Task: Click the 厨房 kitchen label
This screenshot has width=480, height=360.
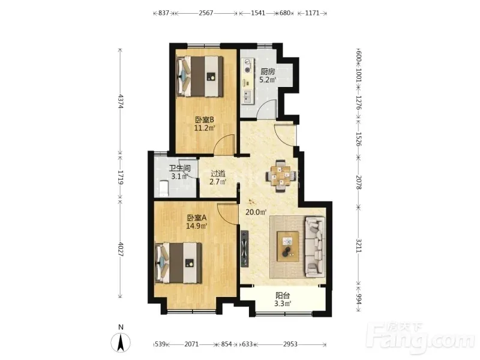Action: pyautogui.click(x=268, y=72)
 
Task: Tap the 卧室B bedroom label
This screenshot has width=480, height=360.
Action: pyautogui.click(x=204, y=119)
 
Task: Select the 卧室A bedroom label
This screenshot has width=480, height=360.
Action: pyautogui.click(x=197, y=218)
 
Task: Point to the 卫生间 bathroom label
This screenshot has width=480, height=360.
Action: pyautogui.click(x=180, y=169)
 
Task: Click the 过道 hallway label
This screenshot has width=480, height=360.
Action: pyautogui.click(x=218, y=173)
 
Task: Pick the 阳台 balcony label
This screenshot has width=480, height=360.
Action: pyautogui.click(x=283, y=296)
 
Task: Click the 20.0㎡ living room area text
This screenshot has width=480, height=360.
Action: pyautogui.click(x=256, y=212)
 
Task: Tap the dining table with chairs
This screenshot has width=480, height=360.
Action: pyautogui.click(x=281, y=176)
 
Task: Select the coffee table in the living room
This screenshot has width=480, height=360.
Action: pyautogui.click(x=288, y=247)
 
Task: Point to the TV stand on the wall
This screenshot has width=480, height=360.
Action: pyautogui.click(x=245, y=249)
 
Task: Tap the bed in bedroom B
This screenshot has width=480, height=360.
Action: pyautogui.click(x=200, y=76)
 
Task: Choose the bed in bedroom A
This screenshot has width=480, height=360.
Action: pyautogui.click(x=179, y=263)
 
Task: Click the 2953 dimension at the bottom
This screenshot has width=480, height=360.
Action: pyautogui.click(x=290, y=344)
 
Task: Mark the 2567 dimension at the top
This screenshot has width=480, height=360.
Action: pyautogui.click(x=206, y=13)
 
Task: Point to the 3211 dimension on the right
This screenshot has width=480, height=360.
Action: pyautogui.click(x=359, y=245)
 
